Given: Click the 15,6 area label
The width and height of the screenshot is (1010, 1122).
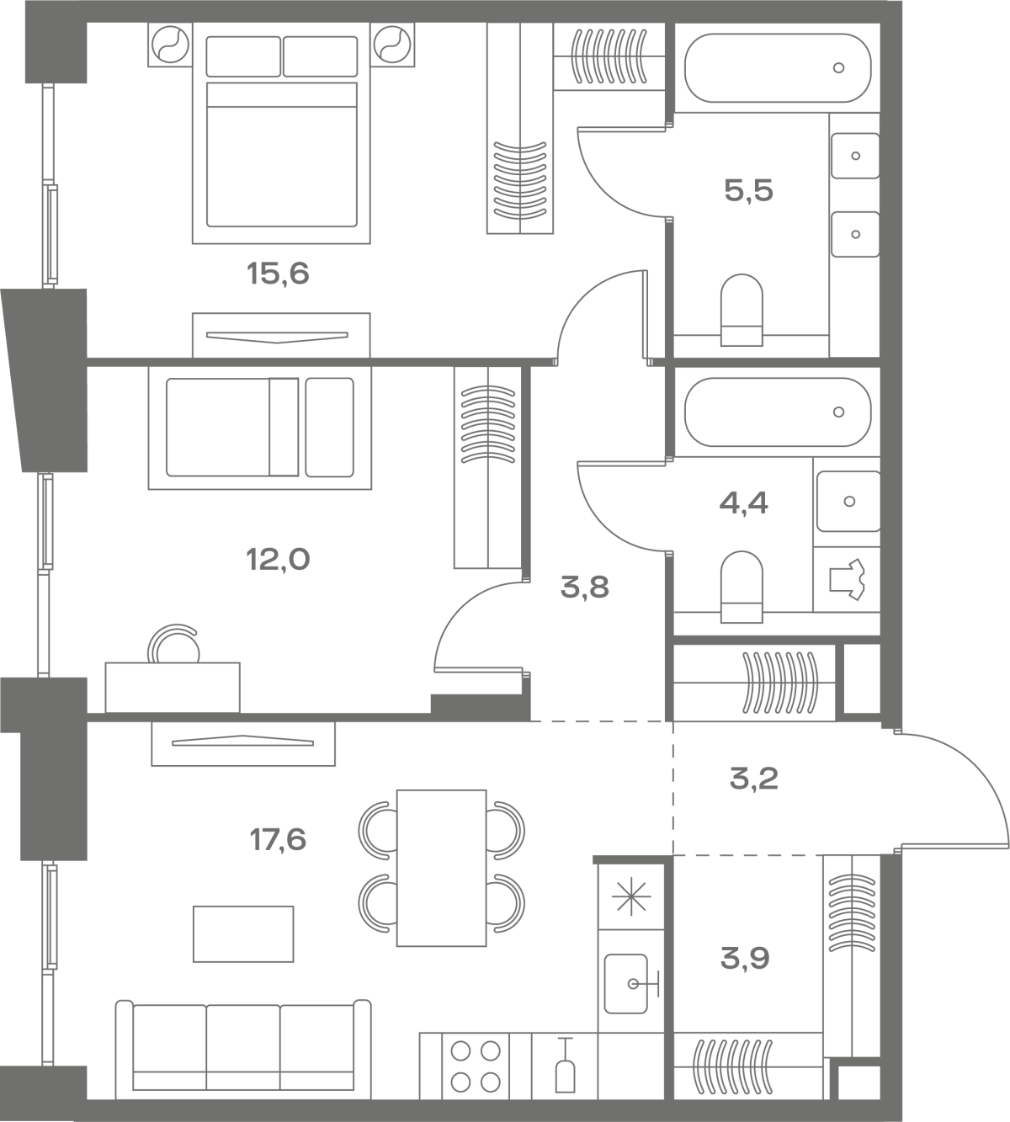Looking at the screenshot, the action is (x=278, y=274).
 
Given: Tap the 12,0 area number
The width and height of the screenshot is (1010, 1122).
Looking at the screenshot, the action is (x=278, y=559).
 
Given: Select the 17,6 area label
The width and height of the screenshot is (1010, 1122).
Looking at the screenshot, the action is (x=278, y=839).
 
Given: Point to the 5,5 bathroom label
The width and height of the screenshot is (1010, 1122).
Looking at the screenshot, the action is (x=748, y=191).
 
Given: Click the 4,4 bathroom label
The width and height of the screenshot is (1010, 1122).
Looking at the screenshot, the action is (x=743, y=503).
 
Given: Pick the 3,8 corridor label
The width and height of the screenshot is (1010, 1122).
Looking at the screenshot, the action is (x=585, y=588).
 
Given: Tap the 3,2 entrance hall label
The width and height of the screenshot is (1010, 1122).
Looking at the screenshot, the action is (x=754, y=779).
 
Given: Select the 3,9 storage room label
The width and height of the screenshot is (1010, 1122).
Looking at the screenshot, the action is (x=745, y=959).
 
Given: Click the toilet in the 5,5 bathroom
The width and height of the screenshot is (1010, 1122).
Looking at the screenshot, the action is (x=742, y=310).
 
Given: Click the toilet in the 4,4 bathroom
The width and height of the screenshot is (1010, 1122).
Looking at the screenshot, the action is (x=742, y=587).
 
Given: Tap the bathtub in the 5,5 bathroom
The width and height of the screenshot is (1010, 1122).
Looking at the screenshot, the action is (x=777, y=67).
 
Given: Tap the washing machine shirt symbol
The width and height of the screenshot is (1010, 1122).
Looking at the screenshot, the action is (x=847, y=579).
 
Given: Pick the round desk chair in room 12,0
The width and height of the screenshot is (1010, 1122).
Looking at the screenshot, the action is (x=173, y=645).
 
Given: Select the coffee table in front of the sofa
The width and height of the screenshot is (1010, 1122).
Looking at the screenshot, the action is (x=243, y=934).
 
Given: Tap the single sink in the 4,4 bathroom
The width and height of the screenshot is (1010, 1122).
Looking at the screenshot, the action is (x=848, y=501).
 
